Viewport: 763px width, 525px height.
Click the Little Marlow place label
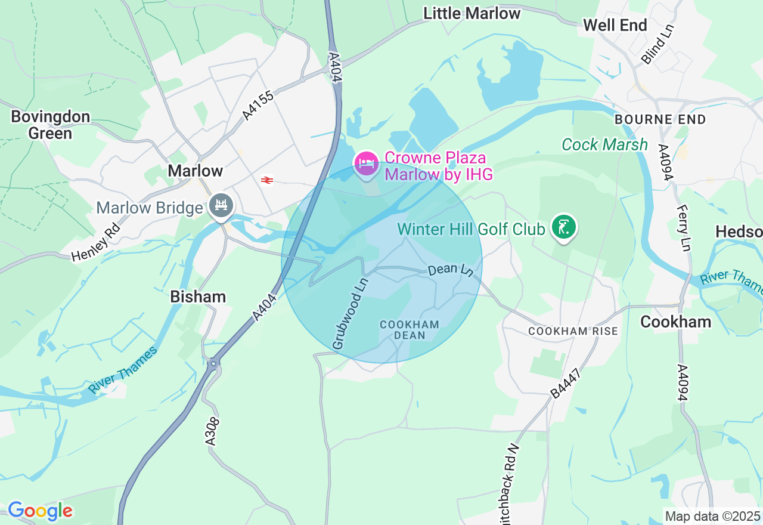(x=472, y=13)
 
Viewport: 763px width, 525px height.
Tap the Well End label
(x=615, y=25)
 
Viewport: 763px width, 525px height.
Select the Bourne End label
(x=660, y=119)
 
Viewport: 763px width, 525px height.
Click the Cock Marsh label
(x=604, y=144)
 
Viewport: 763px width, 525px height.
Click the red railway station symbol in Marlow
(x=267, y=180)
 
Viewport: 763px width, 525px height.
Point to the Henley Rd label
(x=96, y=242)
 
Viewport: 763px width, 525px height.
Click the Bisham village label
(x=198, y=297)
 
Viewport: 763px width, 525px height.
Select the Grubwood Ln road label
(x=349, y=313)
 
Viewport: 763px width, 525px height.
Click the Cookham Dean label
(x=410, y=330)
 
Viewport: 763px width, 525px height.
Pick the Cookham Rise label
(x=573, y=331)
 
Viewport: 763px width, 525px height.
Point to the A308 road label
(x=213, y=431)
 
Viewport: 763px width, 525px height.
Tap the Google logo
(x=40, y=511)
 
